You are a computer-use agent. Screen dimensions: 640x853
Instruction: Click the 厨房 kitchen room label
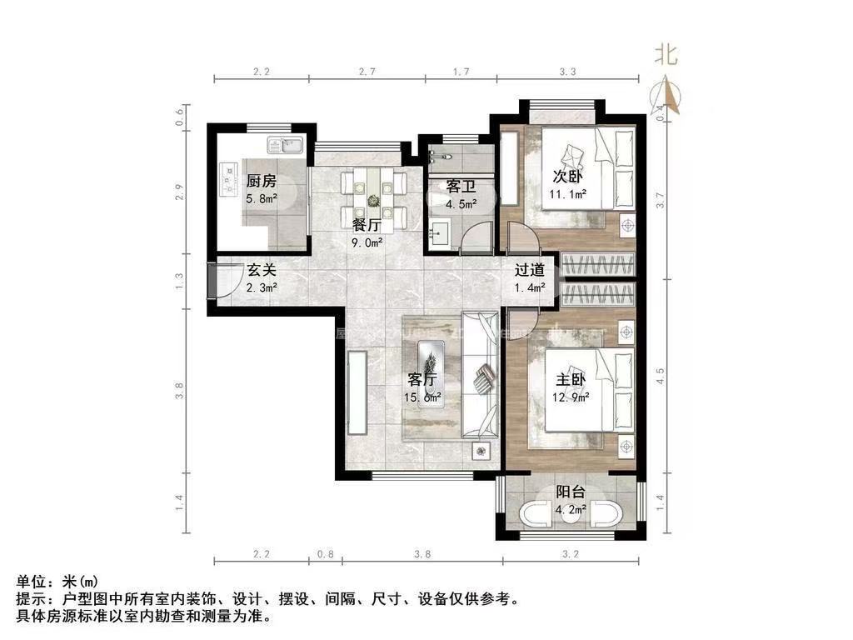(261, 181)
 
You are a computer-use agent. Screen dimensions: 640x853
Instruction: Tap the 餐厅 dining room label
(367, 225)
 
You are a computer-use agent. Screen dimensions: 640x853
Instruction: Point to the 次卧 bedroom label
(567, 177)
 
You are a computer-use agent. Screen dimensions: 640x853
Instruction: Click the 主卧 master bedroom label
(572, 379)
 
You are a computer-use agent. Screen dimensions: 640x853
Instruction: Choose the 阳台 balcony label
(572, 492)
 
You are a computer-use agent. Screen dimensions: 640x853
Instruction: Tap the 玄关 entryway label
(262, 270)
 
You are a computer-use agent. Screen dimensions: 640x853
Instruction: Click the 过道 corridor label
(529, 270)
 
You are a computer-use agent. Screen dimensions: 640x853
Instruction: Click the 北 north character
(665, 55)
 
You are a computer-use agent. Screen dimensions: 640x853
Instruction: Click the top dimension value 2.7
(367, 72)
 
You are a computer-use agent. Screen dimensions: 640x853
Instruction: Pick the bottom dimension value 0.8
(326, 552)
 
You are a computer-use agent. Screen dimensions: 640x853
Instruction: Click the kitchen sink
(287, 146)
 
